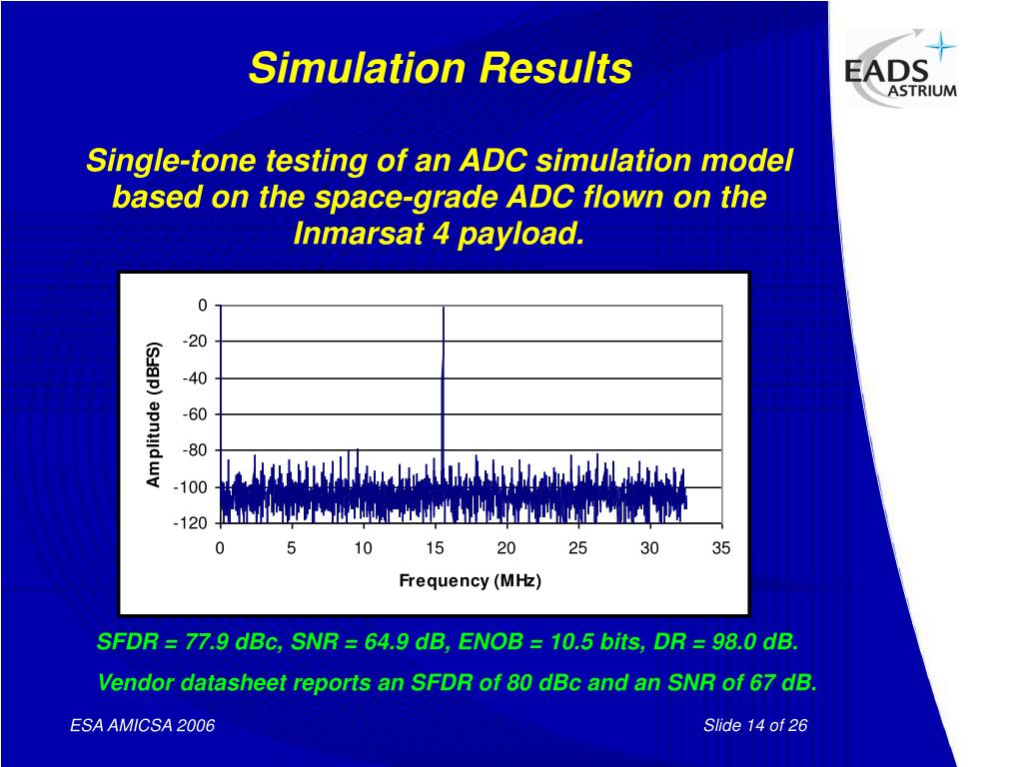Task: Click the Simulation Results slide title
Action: click(x=440, y=69)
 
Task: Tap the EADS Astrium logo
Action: click(x=900, y=68)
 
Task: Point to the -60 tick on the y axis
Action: click(x=194, y=414)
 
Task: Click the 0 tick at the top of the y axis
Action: click(x=202, y=306)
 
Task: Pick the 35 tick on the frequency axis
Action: click(x=721, y=548)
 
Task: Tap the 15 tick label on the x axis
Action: click(x=435, y=548)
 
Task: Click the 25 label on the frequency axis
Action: click(x=577, y=548)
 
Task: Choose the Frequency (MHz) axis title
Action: click(x=470, y=580)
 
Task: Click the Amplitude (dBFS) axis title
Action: click(x=154, y=414)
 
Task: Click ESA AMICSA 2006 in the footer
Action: click(x=142, y=725)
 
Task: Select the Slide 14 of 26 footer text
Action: click(x=754, y=725)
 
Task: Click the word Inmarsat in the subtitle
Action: click(x=352, y=234)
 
